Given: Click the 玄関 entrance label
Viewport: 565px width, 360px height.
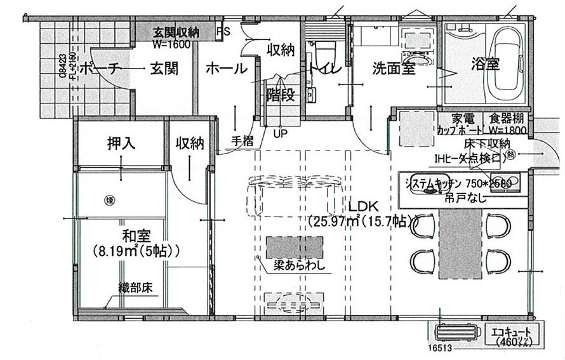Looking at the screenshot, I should [x=164, y=69].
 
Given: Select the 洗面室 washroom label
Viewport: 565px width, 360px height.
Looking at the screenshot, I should [x=394, y=67].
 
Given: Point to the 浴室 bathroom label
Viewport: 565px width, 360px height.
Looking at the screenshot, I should [x=486, y=63].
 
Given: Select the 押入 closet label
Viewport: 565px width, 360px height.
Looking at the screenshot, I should [x=121, y=143].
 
